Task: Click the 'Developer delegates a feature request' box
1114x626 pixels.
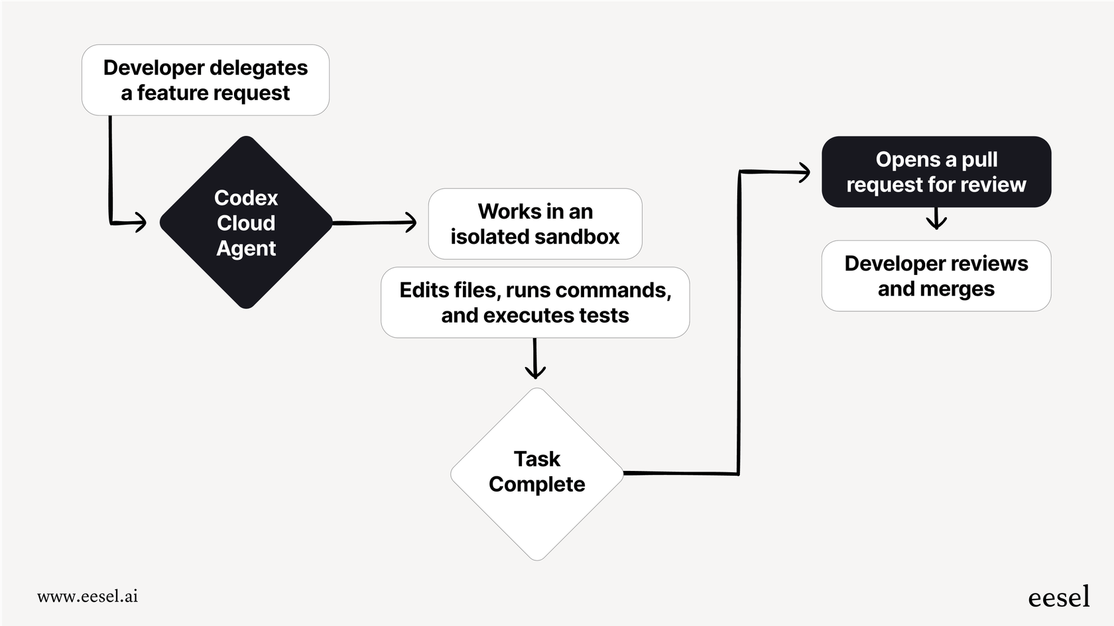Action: pos(206,80)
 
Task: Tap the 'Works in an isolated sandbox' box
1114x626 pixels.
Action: pos(535,224)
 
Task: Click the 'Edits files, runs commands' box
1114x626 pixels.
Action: pos(535,303)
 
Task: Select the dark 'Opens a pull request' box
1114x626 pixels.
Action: pos(936,172)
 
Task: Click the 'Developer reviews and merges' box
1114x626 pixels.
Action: pos(936,276)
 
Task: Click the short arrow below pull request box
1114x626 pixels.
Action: pos(936,221)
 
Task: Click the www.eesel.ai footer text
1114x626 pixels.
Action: pos(88,596)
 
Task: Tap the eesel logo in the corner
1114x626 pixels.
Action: pos(1058,597)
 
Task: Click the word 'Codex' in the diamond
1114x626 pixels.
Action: pos(246,198)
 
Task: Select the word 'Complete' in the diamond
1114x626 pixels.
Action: pos(537,485)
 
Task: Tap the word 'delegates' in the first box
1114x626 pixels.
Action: pos(259,68)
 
